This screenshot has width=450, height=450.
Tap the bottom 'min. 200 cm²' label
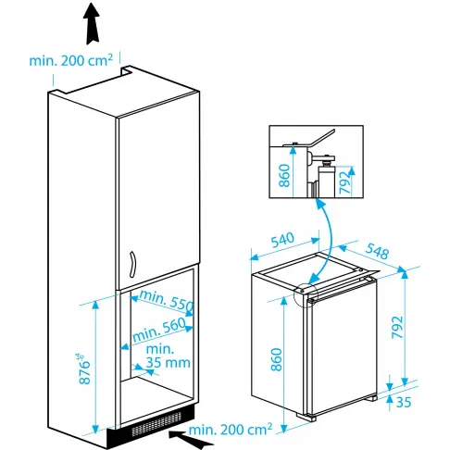[x=230, y=430]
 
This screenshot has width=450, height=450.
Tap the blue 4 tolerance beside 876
[x=84, y=356]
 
